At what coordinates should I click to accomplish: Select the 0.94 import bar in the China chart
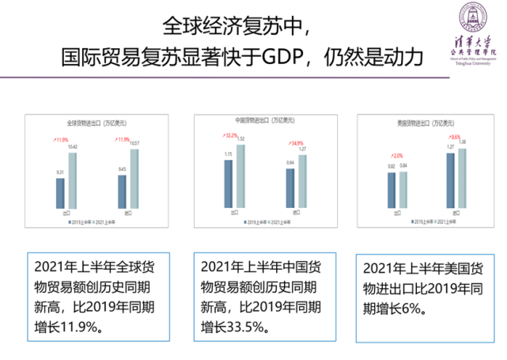point(290,186)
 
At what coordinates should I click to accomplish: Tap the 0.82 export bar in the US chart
point(392,189)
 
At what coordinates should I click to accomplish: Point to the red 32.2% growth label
point(233,135)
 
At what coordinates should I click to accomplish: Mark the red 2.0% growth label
point(396,155)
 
